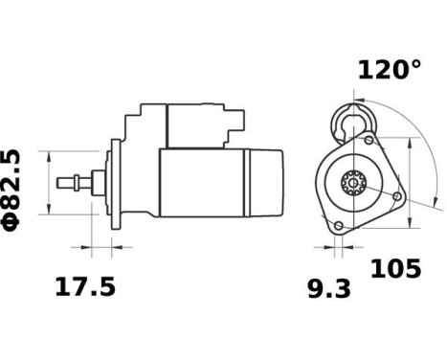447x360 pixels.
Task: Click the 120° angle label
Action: [x=389, y=70]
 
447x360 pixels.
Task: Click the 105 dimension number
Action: [x=394, y=269]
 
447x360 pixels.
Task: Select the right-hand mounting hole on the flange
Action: [x=394, y=195]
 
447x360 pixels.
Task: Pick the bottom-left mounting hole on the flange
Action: [x=338, y=225]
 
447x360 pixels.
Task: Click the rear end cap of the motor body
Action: [x=269, y=182]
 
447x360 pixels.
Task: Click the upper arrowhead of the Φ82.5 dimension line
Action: [x=46, y=154]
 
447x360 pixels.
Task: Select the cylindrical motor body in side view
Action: [x=201, y=182]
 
